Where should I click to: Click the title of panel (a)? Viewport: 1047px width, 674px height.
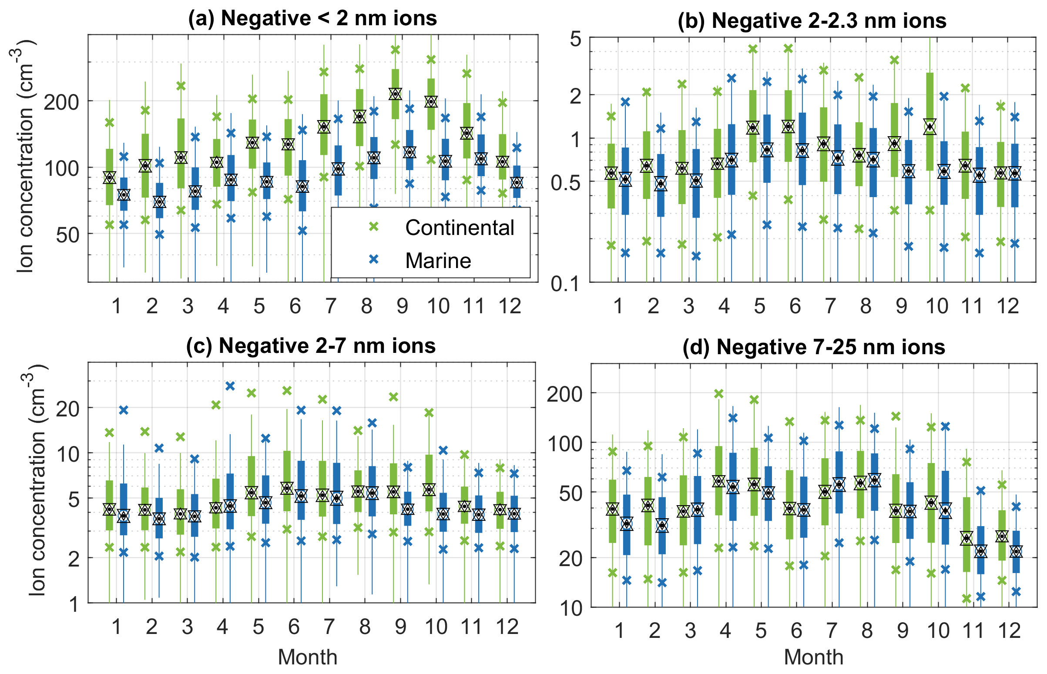tap(312, 18)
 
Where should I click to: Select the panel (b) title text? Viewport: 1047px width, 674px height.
tap(812, 20)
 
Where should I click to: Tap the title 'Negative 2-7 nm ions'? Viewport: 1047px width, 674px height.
tap(311, 346)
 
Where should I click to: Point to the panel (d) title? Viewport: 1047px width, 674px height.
tap(814, 347)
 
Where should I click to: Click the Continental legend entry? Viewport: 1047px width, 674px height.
tap(460, 228)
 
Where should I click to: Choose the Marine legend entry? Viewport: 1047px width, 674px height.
tap(438, 260)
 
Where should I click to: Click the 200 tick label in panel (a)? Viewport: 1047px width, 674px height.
tap(61, 101)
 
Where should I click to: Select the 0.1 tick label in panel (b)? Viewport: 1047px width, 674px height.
tap(565, 284)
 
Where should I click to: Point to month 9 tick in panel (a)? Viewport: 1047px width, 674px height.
tap(402, 306)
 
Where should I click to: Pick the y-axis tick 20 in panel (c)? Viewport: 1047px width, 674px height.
tap(68, 409)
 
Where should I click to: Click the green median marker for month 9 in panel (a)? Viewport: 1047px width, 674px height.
tap(396, 94)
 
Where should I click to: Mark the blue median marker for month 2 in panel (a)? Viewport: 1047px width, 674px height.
tap(159, 202)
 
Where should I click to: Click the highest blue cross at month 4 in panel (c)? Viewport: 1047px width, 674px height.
tap(230, 386)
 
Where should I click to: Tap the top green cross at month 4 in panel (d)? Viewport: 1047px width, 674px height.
tap(719, 394)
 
